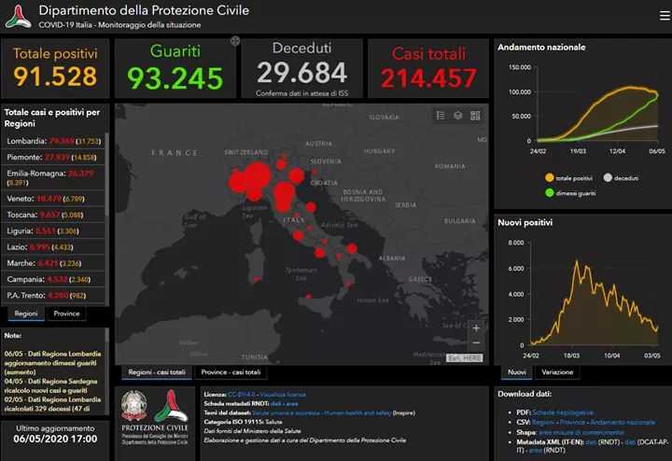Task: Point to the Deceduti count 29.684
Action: pos(301,72)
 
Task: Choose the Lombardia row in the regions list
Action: pos(53,141)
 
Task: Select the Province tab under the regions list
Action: pos(66,314)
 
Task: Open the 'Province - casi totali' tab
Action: pos(231,372)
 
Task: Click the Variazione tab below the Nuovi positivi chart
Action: pos(557,372)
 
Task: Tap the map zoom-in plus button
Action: pos(476,328)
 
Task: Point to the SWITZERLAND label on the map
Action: pos(245,150)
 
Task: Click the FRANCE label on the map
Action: pos(175,152)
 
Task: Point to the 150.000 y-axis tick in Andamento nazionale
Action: pos(520,67)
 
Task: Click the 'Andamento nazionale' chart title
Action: pos(541,47)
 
